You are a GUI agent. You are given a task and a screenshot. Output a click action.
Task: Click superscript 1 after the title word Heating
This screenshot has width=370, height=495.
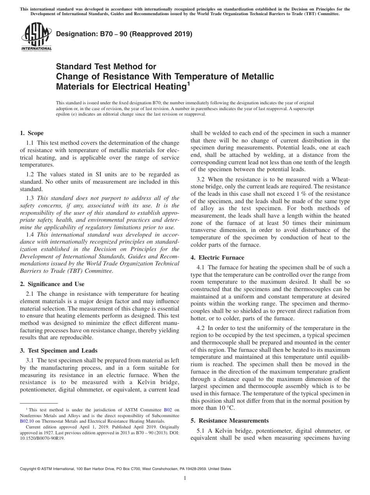pyautogui.click(x=189, y=82)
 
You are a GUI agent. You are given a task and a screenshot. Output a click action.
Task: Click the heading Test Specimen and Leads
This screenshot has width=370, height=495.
pyautogui.click(x=58, y=351)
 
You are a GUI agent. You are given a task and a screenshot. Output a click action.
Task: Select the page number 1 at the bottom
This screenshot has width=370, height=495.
pyautogui.click(x=185, y=478)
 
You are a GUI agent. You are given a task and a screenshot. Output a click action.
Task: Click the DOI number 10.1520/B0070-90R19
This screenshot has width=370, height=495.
pyautogui.click(x=42, y=438)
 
